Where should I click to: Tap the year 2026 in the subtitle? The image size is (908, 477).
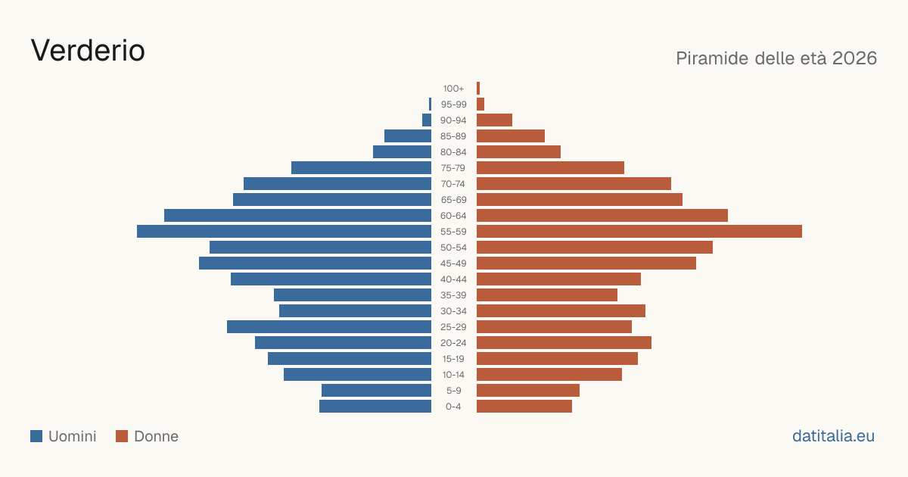tap(854, 58)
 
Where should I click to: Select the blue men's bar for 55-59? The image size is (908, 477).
tap(285, 231)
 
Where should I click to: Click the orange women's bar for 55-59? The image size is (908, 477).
tap(639, 231)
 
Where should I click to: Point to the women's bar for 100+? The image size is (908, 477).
tap(478, 88)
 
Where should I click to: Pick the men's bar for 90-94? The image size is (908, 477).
tap(427, 120)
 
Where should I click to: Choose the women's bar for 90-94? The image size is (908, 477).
tap(495, 120)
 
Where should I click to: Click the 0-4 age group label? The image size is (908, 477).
tap(453, 407)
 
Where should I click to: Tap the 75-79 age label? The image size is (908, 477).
tap(453, 168)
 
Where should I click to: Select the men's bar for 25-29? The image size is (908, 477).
tap(329, 327)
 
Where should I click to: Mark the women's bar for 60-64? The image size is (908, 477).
tap(602, 215)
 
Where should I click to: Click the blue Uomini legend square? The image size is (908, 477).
tap(36, 436)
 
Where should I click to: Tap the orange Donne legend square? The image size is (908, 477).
tap(122, 436)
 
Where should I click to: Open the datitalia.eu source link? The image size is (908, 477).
tap(833, 436)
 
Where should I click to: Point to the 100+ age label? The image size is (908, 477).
tap(453, 89)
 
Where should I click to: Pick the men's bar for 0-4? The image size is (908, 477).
tap(375, 407)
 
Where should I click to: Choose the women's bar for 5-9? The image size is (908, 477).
tap(528, 391)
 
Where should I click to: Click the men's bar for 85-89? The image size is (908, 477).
tap(408, 136)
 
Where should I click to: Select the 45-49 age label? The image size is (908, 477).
tap(453, 263)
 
